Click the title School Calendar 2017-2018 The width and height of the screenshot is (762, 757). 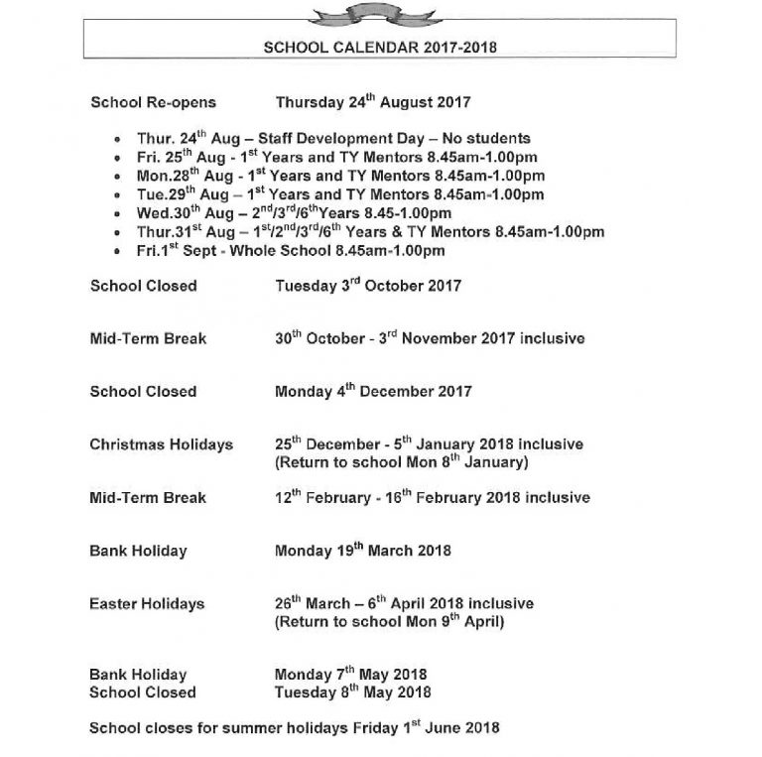coord(380,46)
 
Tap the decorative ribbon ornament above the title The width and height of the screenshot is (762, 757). coord(381,10)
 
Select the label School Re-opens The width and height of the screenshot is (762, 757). coord(153,102)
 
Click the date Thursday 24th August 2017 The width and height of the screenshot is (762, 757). coord(372,102)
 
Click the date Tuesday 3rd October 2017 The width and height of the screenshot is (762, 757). coord(368,286)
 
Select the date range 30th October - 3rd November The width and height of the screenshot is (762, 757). coord(430,338)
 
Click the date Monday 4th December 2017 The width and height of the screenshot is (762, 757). coord(373,391)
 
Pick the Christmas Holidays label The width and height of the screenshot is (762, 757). coord(162,444)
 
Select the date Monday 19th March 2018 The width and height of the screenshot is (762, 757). coord(363,551)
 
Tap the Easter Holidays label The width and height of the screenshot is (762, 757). coord(147,603)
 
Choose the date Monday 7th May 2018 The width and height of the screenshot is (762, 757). coord(351,675)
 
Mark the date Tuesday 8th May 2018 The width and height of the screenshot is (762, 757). coord(352,693)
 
